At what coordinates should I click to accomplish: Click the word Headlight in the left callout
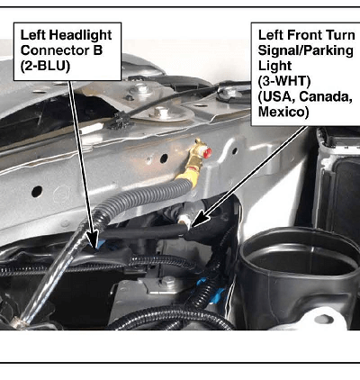[x=80, y=35]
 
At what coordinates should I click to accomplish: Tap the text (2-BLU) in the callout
[x=45, y=66]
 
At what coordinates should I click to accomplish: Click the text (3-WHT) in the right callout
[x=284, y=81]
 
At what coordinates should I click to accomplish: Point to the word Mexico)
[x=283, y=112]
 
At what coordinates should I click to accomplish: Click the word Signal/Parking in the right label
[x=305, y=50]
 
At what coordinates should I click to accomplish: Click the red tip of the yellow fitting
[x=207, y=152]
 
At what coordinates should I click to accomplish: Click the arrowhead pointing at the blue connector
[x=93, y=241]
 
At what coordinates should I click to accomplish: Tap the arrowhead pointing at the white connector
[x=197, y=220]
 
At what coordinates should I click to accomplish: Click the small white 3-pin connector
[x=183, y=221]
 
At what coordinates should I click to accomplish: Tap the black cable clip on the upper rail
[x=120, y=120]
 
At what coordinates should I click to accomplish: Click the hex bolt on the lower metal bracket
[x=167, y=281]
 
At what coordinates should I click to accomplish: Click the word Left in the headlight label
[x=32, y=35]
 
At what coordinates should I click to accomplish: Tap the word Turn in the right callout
[x=341, y=35]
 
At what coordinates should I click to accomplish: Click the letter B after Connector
[x=97, y=50]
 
